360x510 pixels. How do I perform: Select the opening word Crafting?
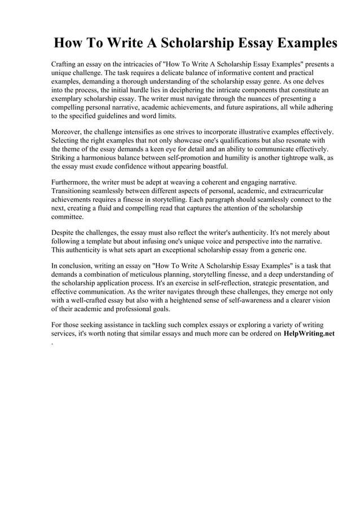click(x=66, y=65)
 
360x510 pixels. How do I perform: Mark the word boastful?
click(x=209, y=167)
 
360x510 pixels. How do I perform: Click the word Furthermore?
click(x=73, y=182)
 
